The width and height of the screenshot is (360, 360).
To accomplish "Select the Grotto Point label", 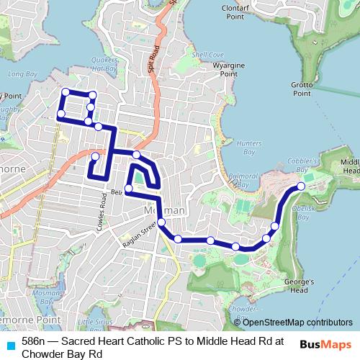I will (x=302, y=89).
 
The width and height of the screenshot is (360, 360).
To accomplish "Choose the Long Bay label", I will (x=17, y=73).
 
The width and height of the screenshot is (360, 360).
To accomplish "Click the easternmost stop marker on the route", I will (x=301, y=186).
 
